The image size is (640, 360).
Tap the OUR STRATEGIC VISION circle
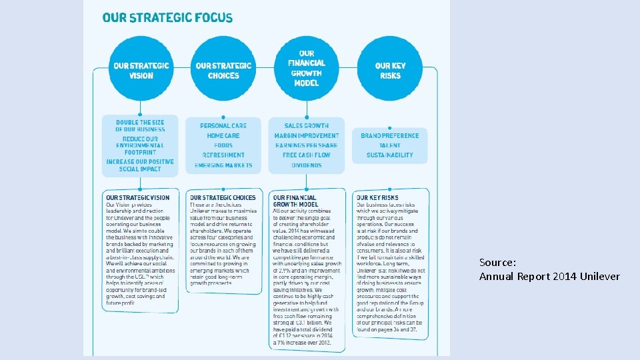point(141,69)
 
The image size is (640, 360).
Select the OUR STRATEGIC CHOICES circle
point(223,69)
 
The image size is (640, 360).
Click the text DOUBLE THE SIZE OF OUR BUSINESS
point(140,126)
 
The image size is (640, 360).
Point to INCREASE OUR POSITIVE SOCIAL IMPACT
point(140,165)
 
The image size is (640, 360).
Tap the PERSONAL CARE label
point(223,125)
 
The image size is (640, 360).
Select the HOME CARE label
point(223,135)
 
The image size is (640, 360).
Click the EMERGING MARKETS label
point(223,165)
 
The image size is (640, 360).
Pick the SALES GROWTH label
point(306,125)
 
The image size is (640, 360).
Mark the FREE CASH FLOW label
point(306,155)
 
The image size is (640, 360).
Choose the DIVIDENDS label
point(306,165)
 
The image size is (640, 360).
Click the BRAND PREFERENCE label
point(390,135)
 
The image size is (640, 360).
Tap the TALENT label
point(390,145)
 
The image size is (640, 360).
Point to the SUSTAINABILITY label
point(390,155)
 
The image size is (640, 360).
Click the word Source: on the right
point(497,263)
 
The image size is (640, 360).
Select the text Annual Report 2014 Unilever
point(549,277)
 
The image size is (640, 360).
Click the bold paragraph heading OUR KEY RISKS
point(377,198)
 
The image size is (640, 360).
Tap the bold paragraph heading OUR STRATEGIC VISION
point(138,198)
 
